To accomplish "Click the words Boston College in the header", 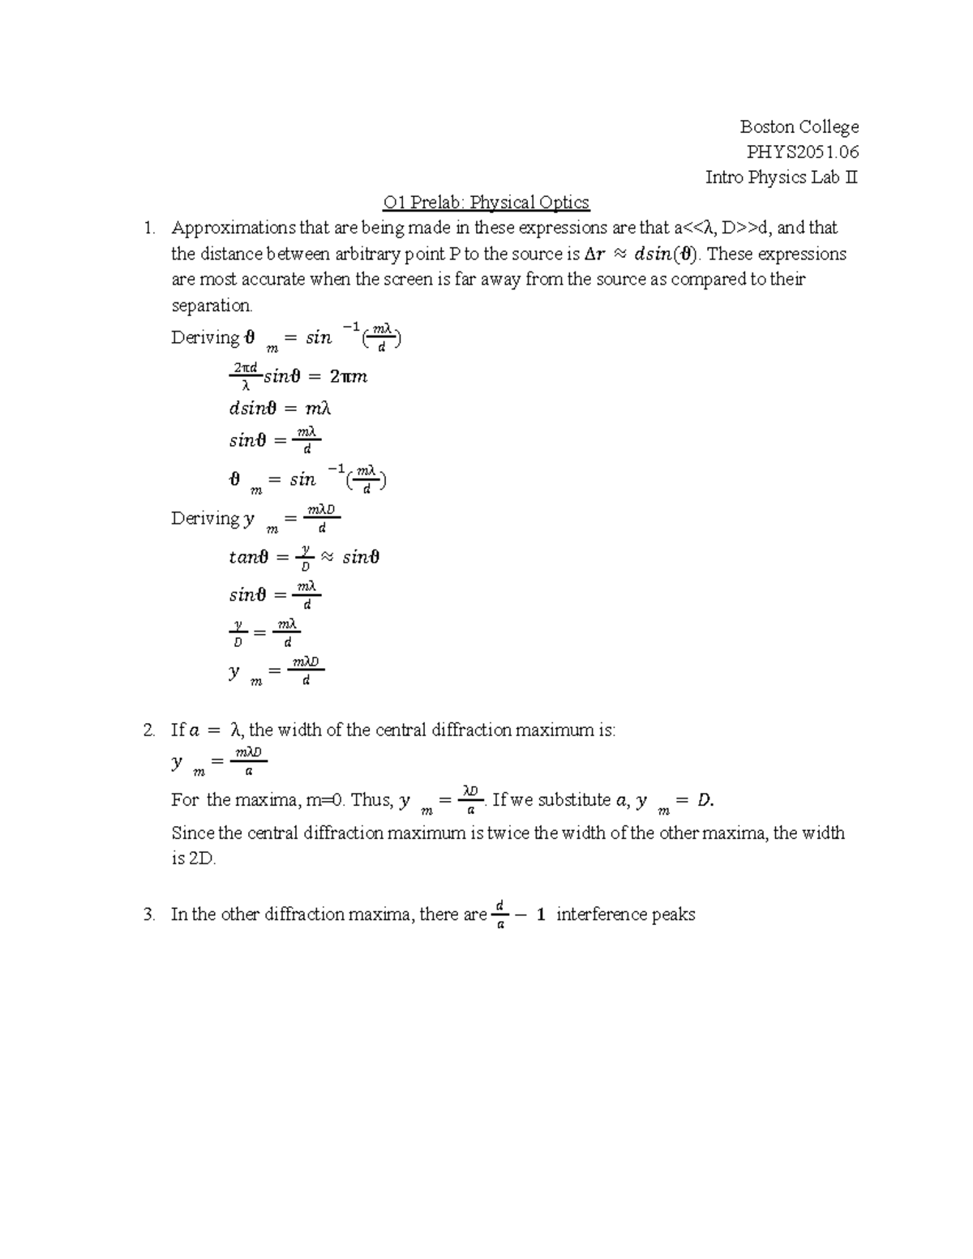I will (799, 127).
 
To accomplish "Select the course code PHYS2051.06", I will (803, 152).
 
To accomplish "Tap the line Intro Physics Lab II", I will (781, 178).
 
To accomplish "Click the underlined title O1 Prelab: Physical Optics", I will (486, 203).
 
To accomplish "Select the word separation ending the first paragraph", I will (211, 306).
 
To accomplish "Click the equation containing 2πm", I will (298, 377).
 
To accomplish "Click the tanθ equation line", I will (304, 558).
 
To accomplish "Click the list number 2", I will (148, 730).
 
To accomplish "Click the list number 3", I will (148, 915).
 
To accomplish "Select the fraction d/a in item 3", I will (499, 914).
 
